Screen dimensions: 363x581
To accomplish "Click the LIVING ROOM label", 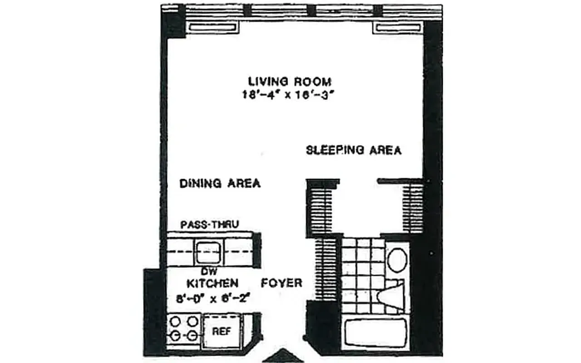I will click(290, 82).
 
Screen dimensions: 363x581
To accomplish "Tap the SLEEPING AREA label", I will click(354, 150).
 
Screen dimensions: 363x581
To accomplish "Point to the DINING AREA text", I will click(220, 184).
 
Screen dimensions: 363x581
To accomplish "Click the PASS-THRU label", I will click(210, 225).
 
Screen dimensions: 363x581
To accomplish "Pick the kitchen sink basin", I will click(208, 251).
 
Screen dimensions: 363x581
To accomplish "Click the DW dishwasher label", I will click(208, 272).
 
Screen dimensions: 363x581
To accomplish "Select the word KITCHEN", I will click(213, 284).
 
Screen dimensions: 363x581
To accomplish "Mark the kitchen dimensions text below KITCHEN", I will click(213, 299).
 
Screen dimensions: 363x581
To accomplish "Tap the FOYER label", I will click(281, 283).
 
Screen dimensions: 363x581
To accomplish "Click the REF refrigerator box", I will click(222, 331).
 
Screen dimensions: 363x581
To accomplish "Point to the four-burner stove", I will click(184, 329).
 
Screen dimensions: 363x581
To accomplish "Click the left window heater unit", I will click(212, 28).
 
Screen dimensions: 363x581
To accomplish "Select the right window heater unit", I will click(397, 28).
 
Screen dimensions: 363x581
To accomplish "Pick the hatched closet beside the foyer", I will click(326, 268).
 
